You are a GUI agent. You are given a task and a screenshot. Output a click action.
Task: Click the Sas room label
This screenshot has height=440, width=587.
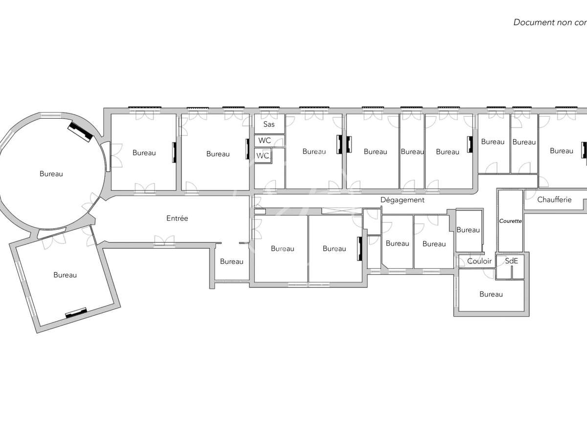click(x=269, y=124)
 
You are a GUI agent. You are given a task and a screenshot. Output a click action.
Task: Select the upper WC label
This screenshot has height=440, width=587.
click(x=265, y=140)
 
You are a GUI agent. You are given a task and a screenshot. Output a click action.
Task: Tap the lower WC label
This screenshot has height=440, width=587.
click(x=263, y=156)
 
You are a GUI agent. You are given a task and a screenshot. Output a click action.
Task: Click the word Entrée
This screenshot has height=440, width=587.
click(x=177, y=219)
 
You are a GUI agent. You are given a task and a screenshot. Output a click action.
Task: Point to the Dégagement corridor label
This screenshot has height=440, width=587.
click(x=403, y=200)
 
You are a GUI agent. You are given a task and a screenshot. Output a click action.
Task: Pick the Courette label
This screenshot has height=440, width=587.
click(x=511, y=221)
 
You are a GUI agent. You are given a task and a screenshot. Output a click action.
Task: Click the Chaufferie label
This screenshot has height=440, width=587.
click(x=554, y=199)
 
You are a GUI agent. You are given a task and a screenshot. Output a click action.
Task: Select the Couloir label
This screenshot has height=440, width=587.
click(x=479, y=261)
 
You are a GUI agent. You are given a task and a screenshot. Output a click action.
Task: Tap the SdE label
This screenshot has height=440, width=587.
click(x=511, y=261)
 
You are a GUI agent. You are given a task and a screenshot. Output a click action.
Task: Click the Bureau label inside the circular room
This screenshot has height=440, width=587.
click(x=51, y=174)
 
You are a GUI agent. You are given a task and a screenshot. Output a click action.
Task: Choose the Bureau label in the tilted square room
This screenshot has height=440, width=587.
click(x=65, y=275)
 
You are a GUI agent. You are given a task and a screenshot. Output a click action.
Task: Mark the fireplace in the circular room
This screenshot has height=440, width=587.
click(x=80, y=131)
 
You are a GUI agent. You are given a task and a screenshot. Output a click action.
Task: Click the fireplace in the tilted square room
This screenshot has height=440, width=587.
click(x=77, y=312)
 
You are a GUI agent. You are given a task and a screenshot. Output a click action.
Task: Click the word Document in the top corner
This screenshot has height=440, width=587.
click(x=532, y=22)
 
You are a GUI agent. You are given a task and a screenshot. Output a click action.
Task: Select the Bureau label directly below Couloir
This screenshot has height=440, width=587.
click(x=491, y=294)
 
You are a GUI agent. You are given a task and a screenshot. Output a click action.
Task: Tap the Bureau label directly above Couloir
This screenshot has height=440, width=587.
click(x=468, y=230)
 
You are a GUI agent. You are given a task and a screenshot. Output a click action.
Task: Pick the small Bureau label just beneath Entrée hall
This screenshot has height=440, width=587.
click(x=231, y=262)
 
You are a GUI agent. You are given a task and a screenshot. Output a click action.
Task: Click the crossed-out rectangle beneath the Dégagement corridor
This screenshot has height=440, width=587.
click(x=341, y=211)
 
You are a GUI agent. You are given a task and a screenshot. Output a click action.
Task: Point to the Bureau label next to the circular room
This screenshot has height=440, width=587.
click(x=144, y=153)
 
